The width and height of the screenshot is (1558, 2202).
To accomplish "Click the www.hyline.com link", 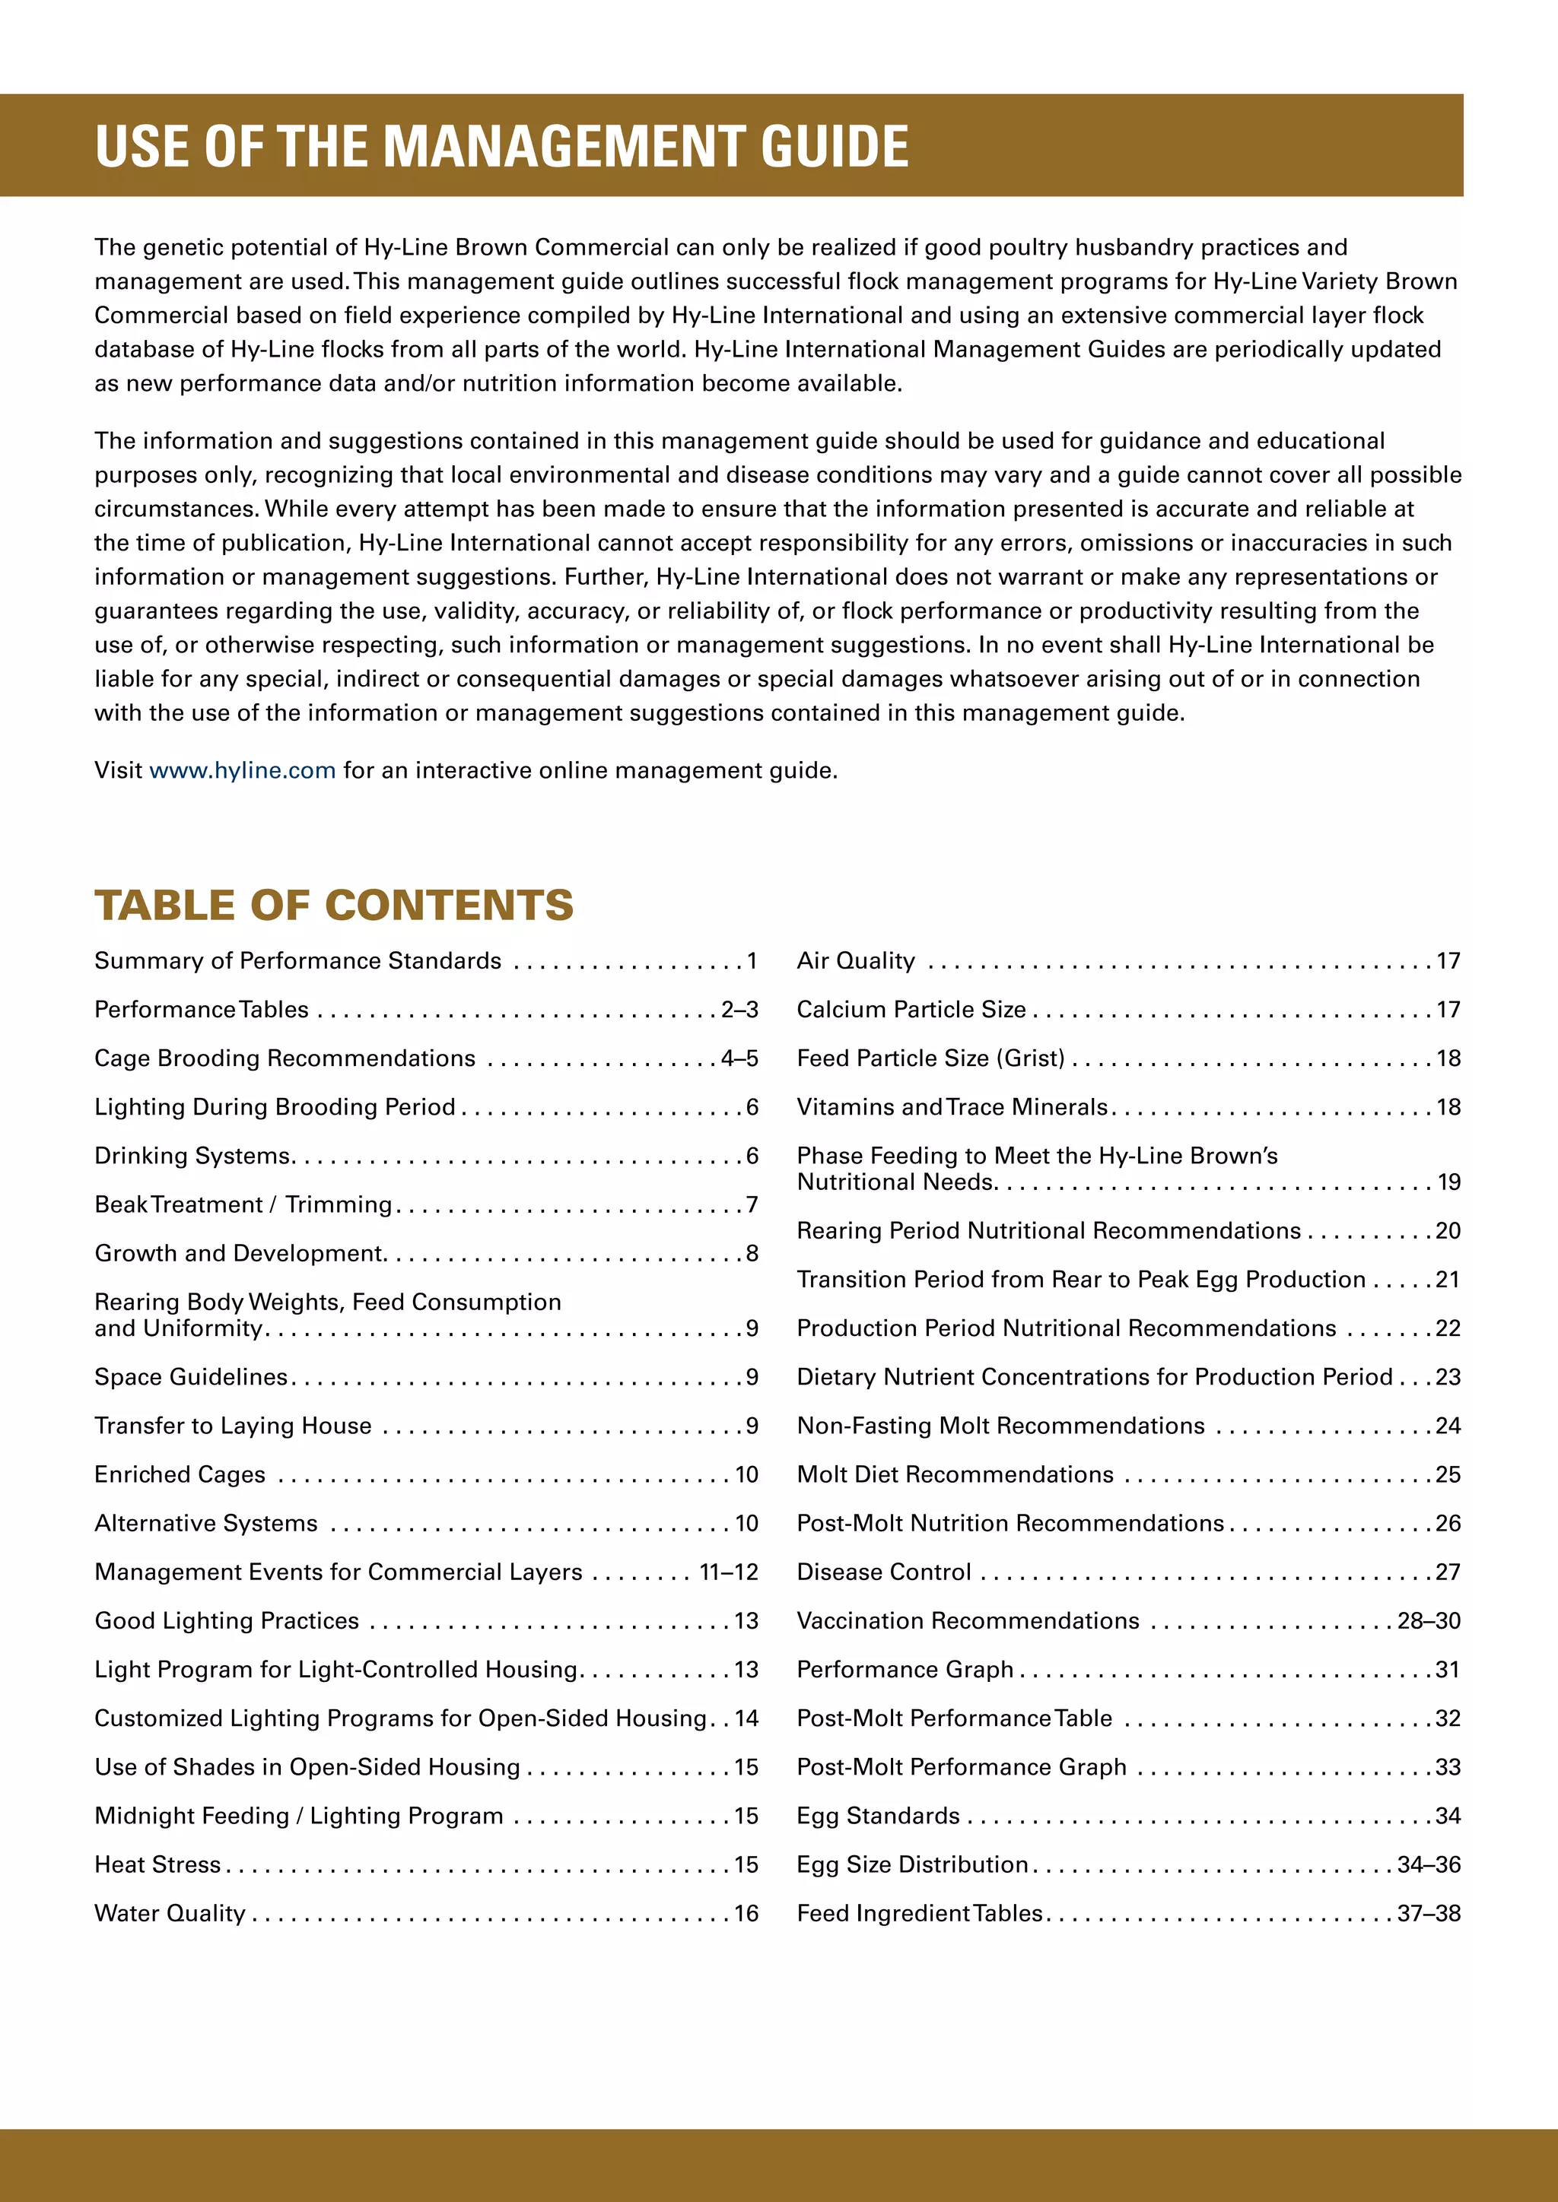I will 242,770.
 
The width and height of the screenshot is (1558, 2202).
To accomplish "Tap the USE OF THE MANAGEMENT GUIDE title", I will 502,147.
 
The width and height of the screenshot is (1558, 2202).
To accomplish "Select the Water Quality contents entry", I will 170,1913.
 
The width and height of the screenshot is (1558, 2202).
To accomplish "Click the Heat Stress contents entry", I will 157,1864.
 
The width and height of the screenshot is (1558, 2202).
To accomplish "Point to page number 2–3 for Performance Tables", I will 739,1010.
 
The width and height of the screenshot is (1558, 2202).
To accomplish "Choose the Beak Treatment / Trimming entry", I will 243,1204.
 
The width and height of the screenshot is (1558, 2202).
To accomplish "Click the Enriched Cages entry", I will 180,1474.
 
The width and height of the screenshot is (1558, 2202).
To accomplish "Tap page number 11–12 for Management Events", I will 728,1572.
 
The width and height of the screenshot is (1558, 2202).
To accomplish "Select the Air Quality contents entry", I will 856,961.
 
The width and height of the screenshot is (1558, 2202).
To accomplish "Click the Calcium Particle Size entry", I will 911,1010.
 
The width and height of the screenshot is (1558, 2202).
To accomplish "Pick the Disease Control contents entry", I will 883,1572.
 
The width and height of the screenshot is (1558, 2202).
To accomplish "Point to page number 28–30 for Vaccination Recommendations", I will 1429,1621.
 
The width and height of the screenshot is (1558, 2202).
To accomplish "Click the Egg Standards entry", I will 878,1816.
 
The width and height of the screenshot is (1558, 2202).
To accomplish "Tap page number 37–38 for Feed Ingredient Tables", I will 1429,1913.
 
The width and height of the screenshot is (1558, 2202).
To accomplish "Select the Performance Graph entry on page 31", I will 905,1670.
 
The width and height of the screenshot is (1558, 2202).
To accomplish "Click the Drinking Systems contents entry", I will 192,1156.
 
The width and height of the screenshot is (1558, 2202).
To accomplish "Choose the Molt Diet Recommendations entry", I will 955,1474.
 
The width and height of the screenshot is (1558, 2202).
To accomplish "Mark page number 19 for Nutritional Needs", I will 1448,1182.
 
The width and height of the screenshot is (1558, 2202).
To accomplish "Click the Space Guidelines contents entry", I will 191,1377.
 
